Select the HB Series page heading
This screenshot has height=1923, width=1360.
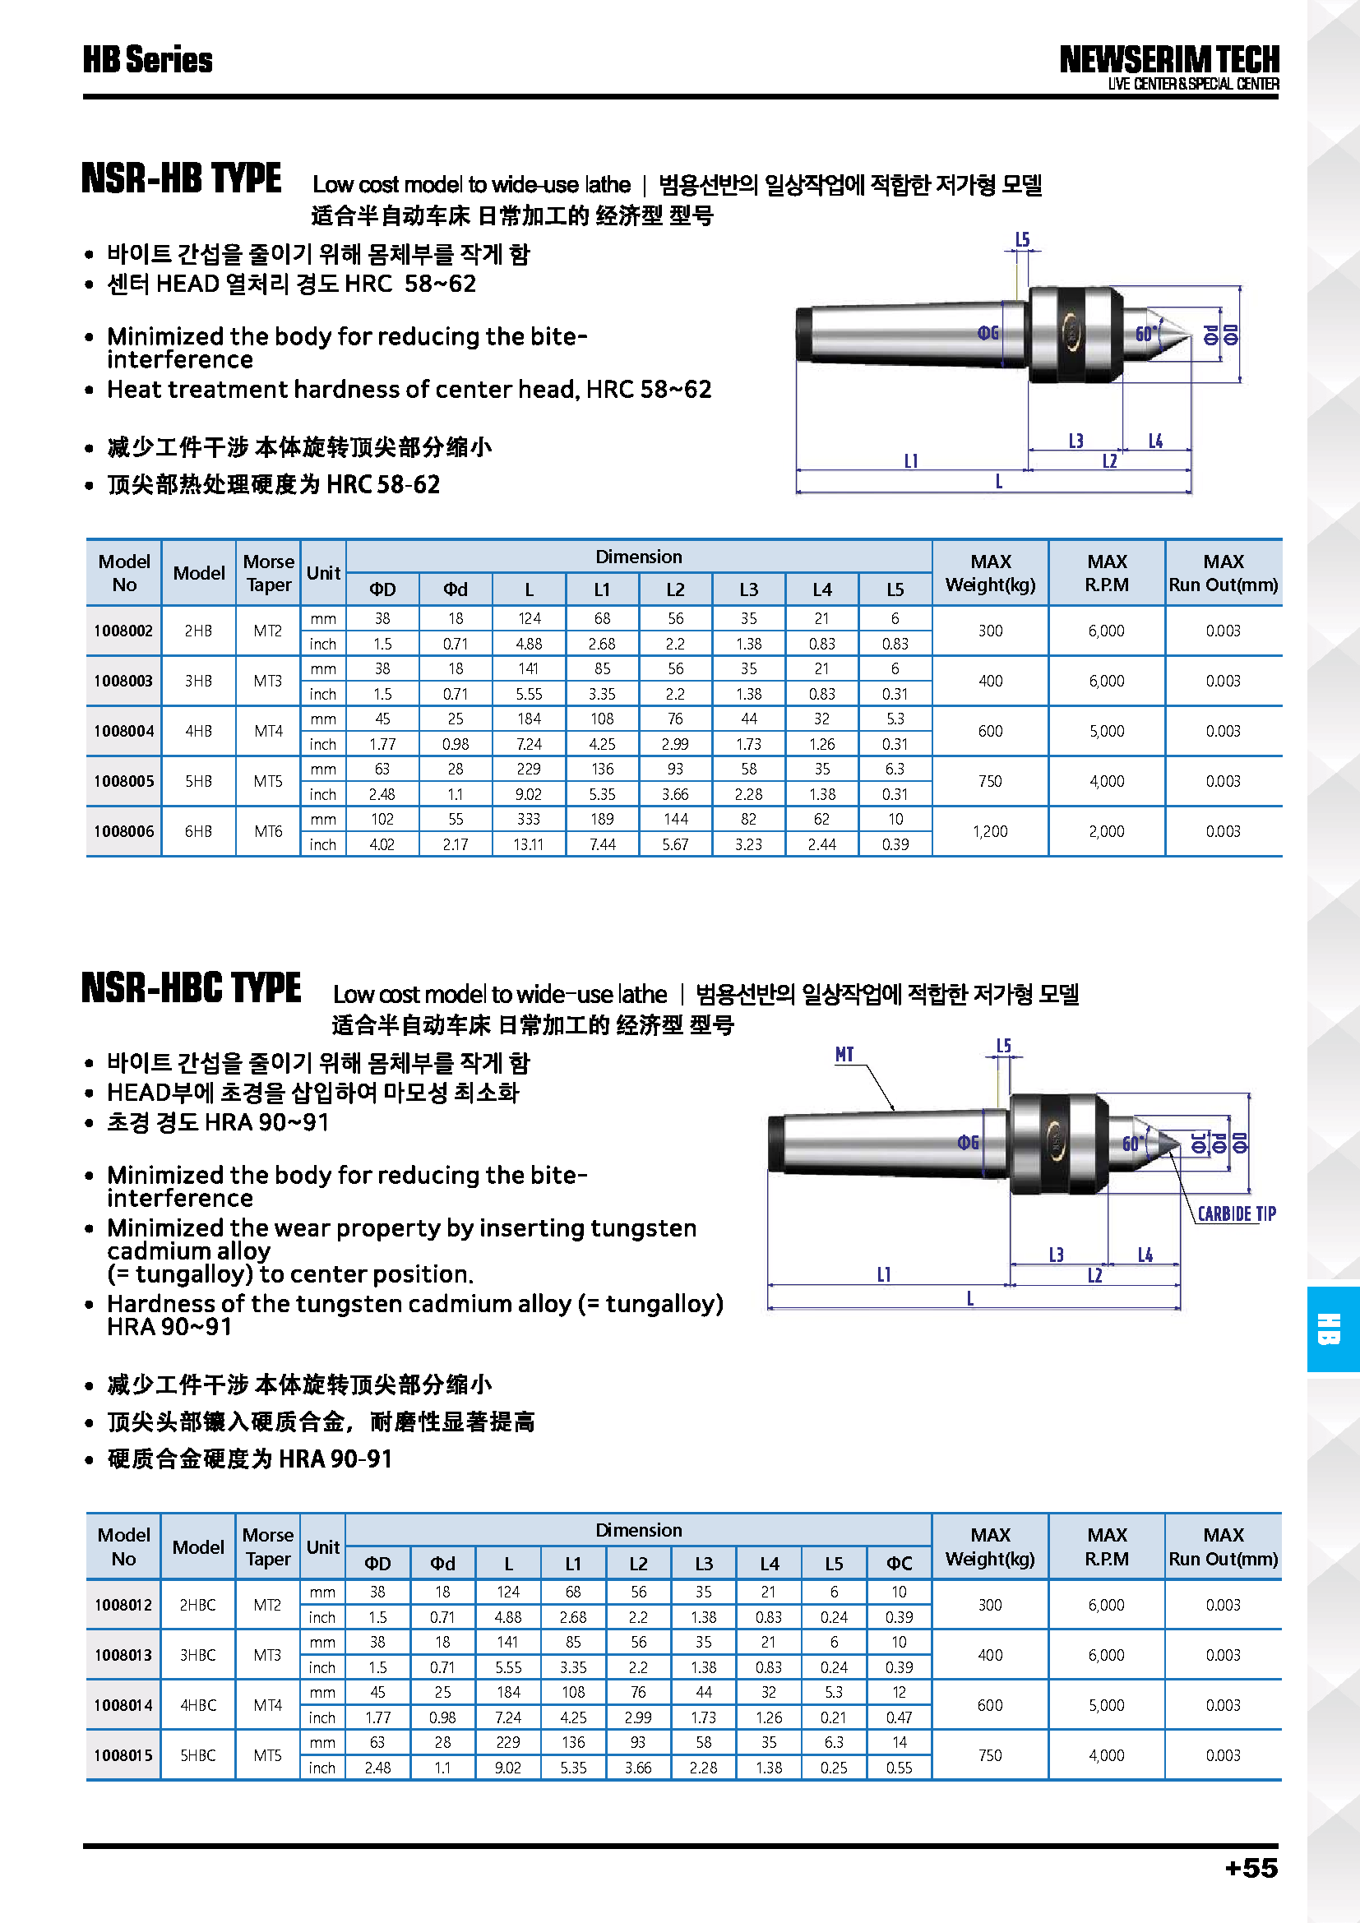[147, 59]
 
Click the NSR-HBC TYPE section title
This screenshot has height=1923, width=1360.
[191, 987]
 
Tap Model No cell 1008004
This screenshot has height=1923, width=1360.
[124, 731]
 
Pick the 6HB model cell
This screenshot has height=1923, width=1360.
[198, 832]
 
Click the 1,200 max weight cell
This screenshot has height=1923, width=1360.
[990, 832]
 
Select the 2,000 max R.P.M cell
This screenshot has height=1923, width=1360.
[1106, 832]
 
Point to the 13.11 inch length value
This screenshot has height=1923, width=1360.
[529, 845]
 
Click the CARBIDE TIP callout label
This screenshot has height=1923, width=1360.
[1236, 1213]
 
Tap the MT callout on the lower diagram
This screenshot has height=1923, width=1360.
[844, 1055]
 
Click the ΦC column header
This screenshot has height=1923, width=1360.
[900, 1564]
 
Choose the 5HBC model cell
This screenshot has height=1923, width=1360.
[198, 1755]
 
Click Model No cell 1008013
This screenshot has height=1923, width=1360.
[124, 1655]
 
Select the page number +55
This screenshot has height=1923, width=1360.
[1251, 1869]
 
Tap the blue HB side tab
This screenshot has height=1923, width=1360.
[1331, 1329]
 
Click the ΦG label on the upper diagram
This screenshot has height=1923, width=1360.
[988, 333]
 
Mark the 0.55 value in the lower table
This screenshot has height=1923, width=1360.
[900, 1768]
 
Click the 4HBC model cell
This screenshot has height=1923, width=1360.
[198, 1705]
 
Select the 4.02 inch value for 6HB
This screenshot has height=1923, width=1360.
[382, 845]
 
